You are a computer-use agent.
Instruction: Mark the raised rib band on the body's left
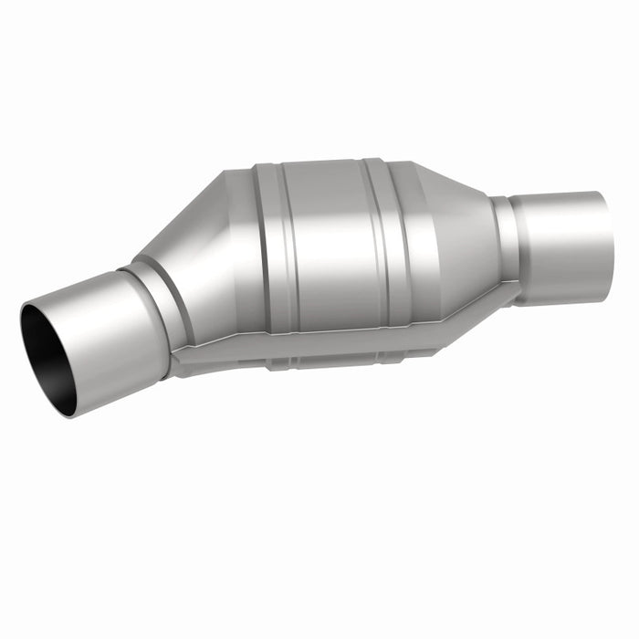coord(270,246)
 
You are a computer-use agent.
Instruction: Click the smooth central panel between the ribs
coord(324,242)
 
